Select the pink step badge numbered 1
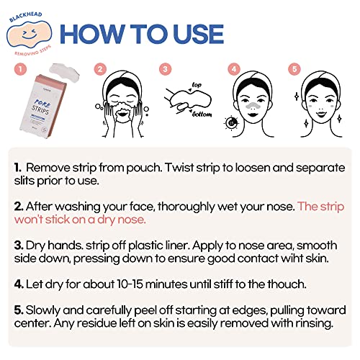point(21,71)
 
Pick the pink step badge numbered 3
point(166,71)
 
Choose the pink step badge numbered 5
point(292,71)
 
